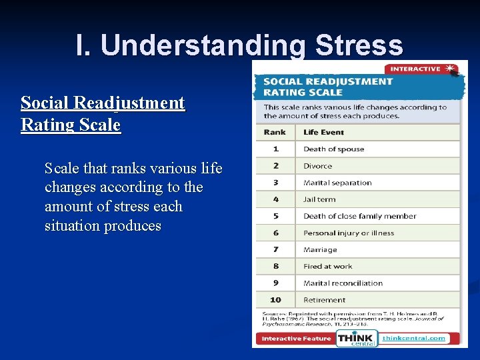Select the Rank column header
click(275, 132)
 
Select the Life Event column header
click(323, 132)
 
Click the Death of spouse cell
click(333, 149)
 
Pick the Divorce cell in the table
click(317, 166)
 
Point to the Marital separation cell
click(337, 183)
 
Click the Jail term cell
click(319, 199)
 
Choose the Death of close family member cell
click(359, 216)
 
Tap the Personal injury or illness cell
click(349, 233)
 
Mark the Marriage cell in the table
click(320, 250)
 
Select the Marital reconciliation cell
click(343, 283)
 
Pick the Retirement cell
click(324, 300)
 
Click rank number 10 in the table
click(275, 300)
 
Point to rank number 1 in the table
click(275, 149)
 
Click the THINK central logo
click(356, 339)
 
